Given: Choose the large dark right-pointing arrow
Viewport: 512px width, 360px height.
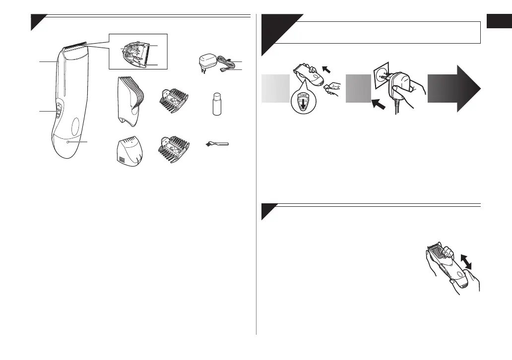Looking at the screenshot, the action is point(454,89).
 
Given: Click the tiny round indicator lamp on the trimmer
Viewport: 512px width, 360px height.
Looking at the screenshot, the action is point(68,142).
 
